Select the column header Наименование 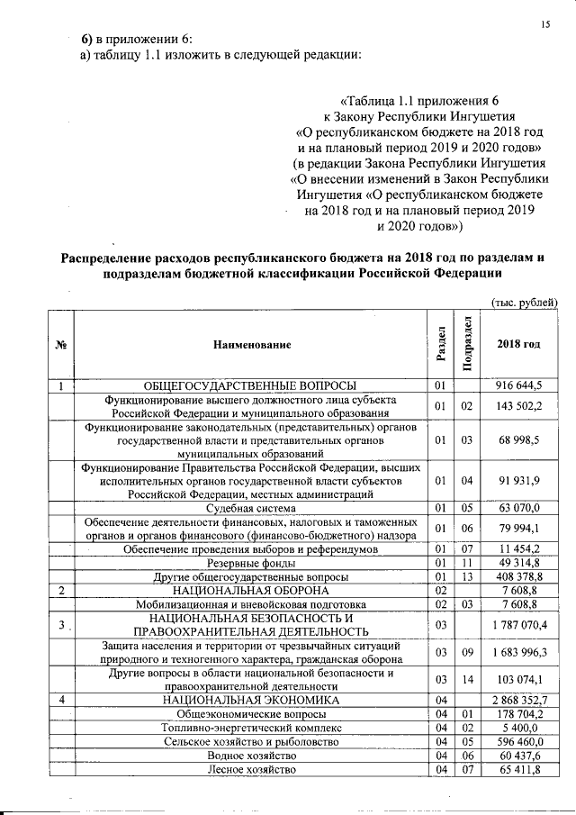(x=253, y=345)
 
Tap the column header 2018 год (x=519, y=345)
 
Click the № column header (x=60, y=345)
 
